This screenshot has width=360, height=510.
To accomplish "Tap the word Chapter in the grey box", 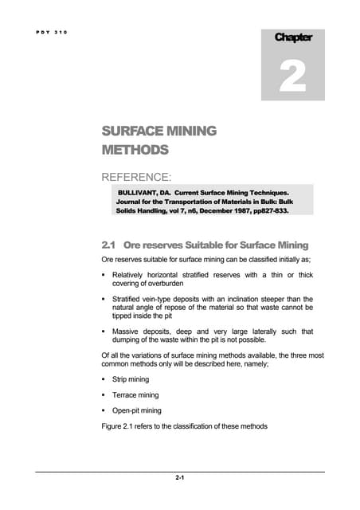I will [293, 37].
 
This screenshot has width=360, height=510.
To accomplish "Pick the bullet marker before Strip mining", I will [104, 379].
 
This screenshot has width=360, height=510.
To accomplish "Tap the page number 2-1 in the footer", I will [180, 478].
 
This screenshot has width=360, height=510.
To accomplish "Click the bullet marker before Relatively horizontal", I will [104, 275].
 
